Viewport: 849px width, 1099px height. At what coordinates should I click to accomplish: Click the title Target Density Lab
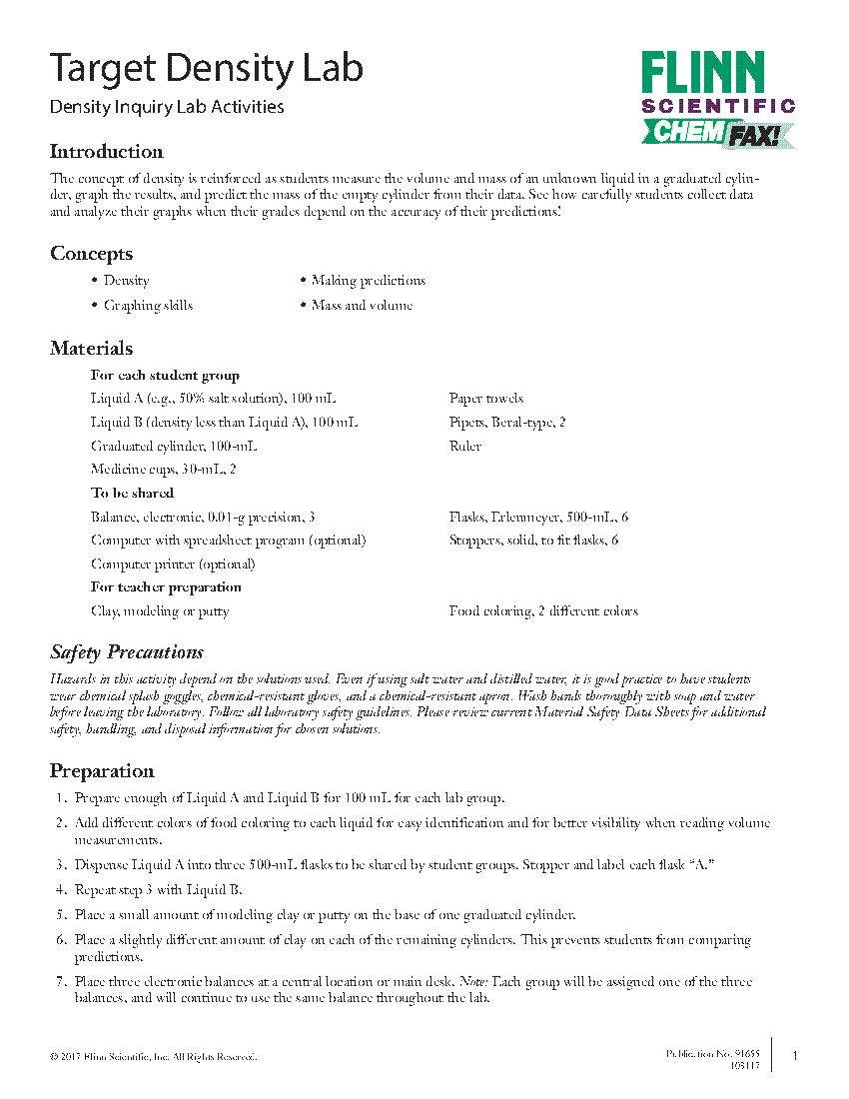(207, 68)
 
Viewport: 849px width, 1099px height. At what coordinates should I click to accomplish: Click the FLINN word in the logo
(703, 74)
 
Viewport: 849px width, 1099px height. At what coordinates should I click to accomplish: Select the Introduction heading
(107, 152)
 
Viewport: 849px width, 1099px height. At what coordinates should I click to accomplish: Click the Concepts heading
(91, 254)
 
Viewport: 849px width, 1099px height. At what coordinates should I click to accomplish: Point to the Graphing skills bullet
(148, 306)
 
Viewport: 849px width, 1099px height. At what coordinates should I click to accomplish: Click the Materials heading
(91, 349)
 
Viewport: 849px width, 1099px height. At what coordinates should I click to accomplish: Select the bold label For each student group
(165, 376)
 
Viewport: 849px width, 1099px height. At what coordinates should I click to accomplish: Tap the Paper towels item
(485, 399)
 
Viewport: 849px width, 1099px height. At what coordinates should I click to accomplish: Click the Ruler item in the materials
(465, 447)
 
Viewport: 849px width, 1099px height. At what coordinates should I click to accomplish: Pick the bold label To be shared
(132, 494)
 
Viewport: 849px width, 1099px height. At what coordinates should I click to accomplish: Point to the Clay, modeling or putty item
(160, 611)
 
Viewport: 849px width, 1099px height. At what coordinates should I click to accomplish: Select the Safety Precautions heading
(127, 653)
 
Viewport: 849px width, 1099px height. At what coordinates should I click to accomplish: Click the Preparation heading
(102, 771)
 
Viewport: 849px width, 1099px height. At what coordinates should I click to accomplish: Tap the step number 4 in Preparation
(61, 890)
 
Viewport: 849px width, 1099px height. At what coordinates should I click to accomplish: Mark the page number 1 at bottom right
(794, 1056)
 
